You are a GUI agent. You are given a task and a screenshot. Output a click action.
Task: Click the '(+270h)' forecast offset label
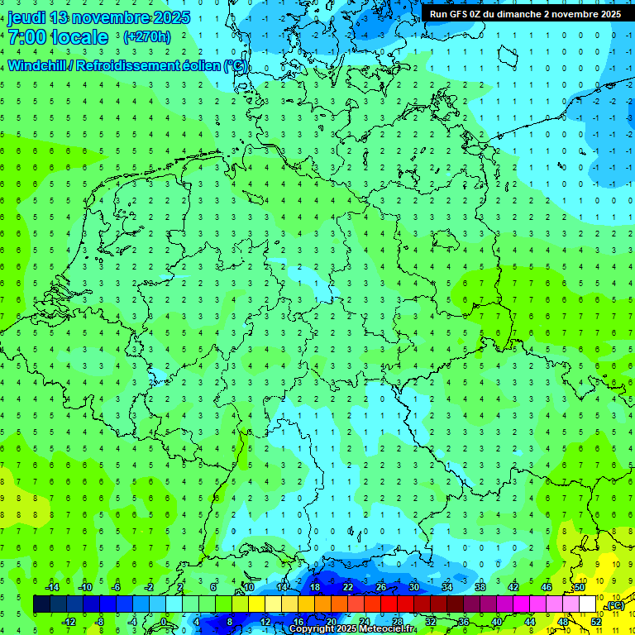147,36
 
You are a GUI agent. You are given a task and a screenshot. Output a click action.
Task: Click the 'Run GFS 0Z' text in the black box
456,14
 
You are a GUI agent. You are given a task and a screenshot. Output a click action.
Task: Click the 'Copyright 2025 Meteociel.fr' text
352,629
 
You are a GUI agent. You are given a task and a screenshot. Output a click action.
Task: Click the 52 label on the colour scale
597,622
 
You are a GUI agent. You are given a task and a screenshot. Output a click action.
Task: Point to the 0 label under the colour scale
165,622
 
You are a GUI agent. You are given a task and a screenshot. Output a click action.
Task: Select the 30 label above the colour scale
414,587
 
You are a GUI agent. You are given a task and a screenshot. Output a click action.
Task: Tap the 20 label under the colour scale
331,622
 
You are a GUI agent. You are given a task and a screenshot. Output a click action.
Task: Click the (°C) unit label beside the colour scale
614,605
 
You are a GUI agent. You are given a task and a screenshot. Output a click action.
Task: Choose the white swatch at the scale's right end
588,604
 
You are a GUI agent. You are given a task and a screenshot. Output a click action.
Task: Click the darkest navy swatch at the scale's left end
41,604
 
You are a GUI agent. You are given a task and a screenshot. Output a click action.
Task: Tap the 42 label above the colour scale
513,587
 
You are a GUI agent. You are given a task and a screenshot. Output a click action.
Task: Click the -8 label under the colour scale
99,622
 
